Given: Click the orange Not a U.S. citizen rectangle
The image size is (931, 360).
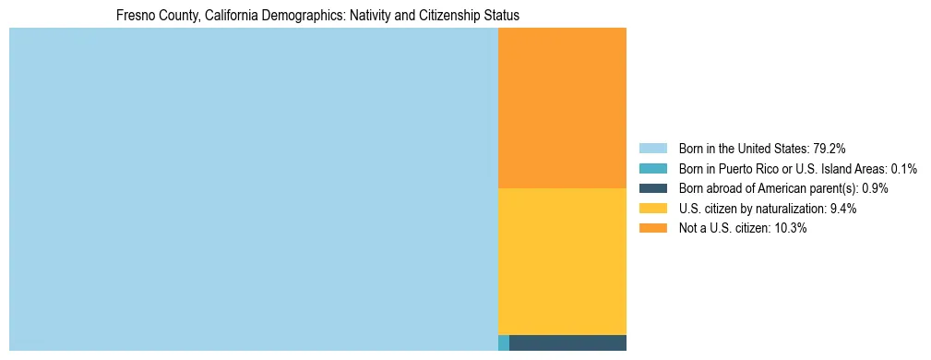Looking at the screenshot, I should (x=562, y=107).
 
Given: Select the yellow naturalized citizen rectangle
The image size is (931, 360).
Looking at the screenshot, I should (x=562, y=261).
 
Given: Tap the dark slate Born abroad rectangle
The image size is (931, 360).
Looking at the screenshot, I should (x=567, y=343).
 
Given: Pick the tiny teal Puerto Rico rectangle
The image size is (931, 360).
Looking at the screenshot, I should (x=503, y=343).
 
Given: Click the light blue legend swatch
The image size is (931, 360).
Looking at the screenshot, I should (x=652, y=148).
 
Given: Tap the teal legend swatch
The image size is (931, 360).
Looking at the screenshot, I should (x=652, y=168).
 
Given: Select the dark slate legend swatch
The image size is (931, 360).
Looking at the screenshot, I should (x=652, y=188).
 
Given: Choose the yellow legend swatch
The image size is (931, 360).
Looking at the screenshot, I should (x=652, y=209).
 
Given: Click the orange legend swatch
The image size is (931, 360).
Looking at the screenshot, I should (x=652, y=229).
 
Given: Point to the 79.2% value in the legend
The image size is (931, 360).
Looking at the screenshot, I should (x=830, y=148).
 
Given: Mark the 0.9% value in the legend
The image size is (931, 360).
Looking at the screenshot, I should (x=876, y=188).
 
